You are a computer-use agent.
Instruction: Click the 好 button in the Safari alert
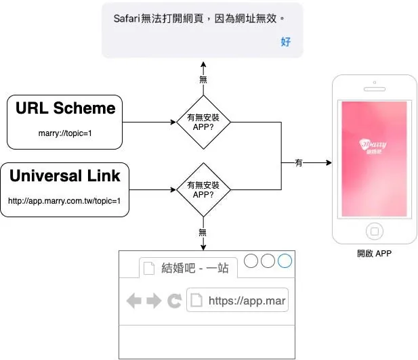[x=285, y=42]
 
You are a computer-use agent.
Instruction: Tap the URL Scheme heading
[x=65, y=108]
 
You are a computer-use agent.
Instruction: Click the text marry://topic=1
[x=65, y=133]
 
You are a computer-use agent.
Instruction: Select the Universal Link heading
[x=65, y=176]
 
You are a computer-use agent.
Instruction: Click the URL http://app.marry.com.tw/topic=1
[x=64, y=201]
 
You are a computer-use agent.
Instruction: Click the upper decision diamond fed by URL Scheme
[x=203, y=122]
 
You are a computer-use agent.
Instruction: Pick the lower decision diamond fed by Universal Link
[x=203, y=189]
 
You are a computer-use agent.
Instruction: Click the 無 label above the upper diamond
[x=203, y=79]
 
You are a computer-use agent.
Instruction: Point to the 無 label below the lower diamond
[x=203, y=232]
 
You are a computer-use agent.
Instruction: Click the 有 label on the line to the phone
[x=299, y=163]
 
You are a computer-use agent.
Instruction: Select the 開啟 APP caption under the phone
[x=375, y=254]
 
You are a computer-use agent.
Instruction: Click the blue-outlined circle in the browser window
[x=285, y=261]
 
